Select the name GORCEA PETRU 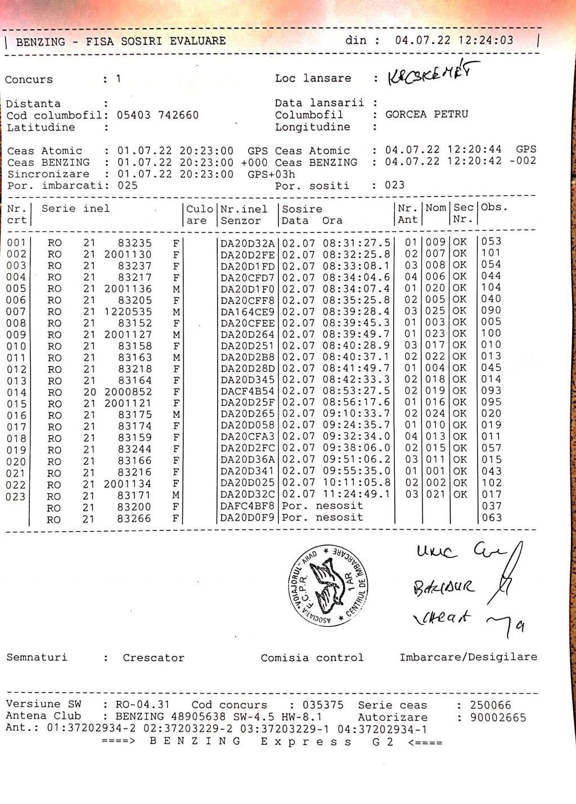426,114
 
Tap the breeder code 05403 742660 157,115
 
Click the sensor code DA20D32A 247,243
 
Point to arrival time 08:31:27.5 356,243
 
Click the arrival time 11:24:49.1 356,494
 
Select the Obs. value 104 491,288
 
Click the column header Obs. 494,207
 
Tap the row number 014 16,392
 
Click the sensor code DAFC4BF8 247,506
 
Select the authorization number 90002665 498,717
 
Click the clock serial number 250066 490,705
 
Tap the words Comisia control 312,658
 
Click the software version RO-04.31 142,705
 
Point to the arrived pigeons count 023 395,185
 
